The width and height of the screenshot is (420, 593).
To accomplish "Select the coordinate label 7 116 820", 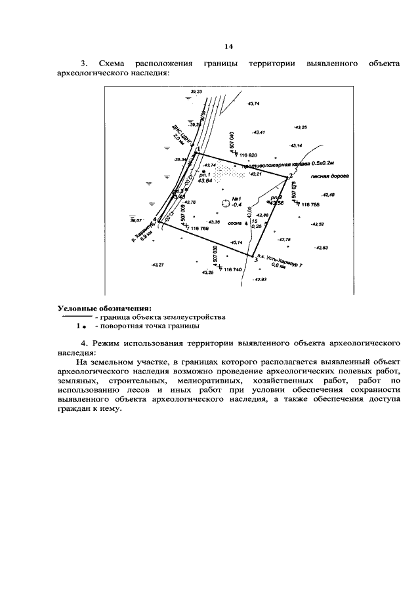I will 250,154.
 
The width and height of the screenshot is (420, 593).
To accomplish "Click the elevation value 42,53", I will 322,248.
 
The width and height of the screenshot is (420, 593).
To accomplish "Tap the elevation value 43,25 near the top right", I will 301,127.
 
